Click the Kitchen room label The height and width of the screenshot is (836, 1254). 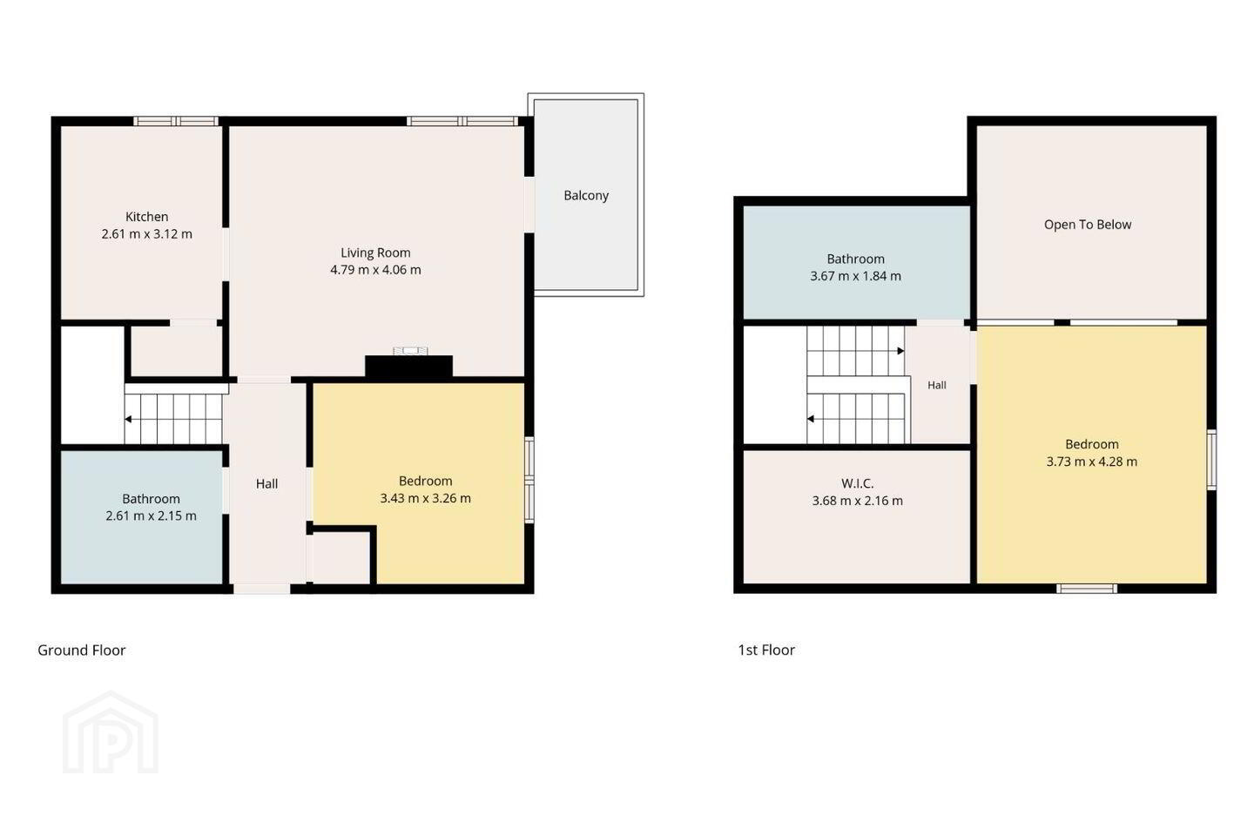146,217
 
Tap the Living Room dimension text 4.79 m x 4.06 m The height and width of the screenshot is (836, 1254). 375,270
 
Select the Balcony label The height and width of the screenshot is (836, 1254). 586,195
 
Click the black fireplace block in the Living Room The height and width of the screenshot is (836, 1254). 408,367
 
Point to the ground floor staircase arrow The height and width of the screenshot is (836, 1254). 129,419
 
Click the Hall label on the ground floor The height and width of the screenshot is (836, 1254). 267,484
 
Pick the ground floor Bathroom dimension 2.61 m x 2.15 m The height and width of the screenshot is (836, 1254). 152,516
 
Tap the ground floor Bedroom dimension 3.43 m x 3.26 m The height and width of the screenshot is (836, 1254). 426,498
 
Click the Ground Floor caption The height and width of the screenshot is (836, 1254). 82,651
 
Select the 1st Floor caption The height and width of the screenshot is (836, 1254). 766,651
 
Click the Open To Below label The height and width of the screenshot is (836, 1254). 1088,225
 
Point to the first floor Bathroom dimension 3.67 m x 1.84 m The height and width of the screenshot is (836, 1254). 855,276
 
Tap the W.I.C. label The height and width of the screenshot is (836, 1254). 857,483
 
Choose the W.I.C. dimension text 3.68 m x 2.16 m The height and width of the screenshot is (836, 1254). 858,501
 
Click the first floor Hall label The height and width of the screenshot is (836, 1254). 937,385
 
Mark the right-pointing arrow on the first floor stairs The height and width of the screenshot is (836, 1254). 900,351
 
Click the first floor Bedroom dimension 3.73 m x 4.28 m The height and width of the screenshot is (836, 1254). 1092,462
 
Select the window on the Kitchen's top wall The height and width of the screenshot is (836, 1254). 176,121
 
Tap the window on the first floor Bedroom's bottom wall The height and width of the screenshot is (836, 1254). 1087,589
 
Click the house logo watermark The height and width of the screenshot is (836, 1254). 111,733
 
